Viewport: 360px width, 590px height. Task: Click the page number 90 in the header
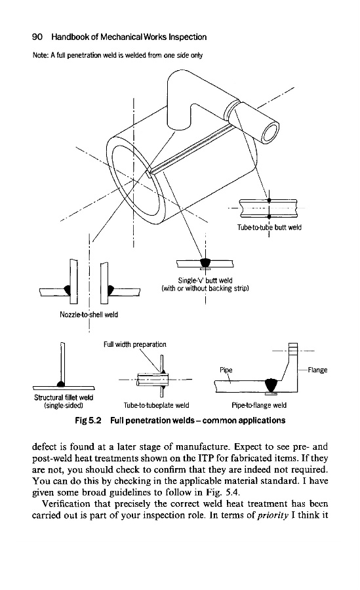point(37,37)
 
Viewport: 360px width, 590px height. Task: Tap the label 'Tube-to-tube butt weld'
point(270,227)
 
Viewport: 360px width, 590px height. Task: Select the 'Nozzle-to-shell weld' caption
point(89,315)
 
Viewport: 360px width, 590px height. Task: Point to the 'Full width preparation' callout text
point(135,344)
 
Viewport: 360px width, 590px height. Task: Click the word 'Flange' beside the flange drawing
point(317,370)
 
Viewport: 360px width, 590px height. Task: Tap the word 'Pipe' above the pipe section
point(226,370)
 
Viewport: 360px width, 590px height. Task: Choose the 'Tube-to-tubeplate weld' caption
point(156,405)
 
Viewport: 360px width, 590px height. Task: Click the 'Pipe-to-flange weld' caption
point(259,405)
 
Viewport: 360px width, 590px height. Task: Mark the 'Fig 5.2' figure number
point(88,420)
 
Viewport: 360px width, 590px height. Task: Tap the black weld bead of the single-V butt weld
point(205,262)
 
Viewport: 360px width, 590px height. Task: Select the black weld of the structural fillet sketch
point(60,383)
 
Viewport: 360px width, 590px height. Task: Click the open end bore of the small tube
point(270,134)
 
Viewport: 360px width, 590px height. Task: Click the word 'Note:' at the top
point(39,55)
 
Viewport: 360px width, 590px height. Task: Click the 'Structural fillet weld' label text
point(64,397)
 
